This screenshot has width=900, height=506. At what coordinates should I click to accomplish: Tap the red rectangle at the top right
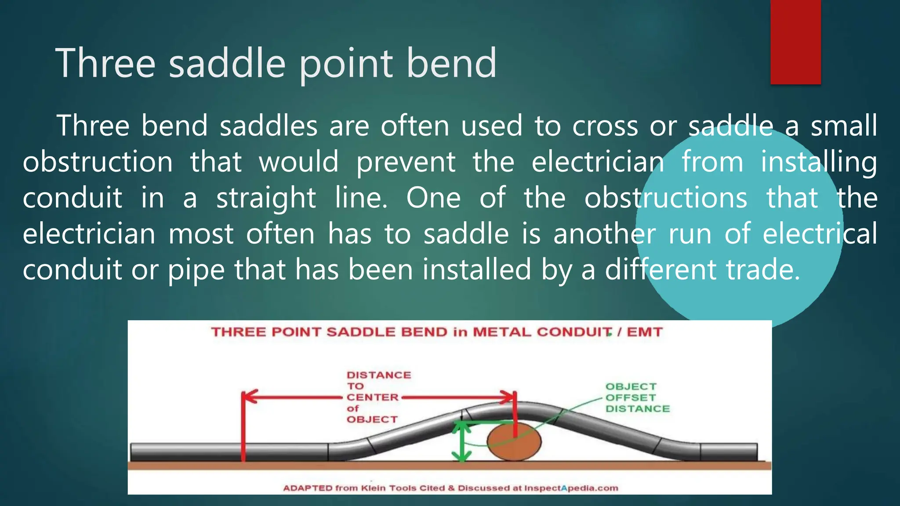pyautogui.click(x=795, y=42)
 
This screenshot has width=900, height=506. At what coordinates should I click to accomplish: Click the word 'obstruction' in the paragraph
pyautogui.click(x=98, y=162)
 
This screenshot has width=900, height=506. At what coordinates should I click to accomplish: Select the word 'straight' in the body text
pyautogui.click(x=266, y=198)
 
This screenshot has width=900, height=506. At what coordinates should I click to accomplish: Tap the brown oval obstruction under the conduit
pyautogui.click(x=513, y=442)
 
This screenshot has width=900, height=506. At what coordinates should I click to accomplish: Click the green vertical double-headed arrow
pyautogui.click(x=461, y=441)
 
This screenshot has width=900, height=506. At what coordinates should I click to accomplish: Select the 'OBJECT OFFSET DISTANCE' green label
pyautogui.click(x=637, y=398)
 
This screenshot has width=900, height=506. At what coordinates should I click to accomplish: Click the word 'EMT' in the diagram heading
pyautogui.click(x=644, y=332)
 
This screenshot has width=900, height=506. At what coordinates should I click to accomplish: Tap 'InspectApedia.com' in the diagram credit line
pyautogui.click(x=571, y=488)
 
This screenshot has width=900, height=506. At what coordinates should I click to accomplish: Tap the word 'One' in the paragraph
pyautogui.click(x=433, y=198)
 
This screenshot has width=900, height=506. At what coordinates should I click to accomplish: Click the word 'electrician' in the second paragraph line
pyautogui.click(x=598, y=162)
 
